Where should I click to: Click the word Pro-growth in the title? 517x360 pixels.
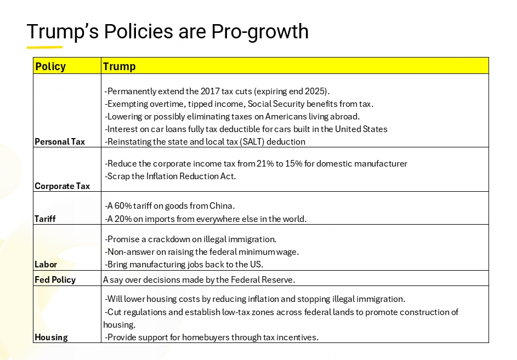[260, 32]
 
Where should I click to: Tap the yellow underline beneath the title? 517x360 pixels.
[44, 47]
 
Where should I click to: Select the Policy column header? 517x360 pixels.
[50, 66]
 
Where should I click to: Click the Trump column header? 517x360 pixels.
[119, 66]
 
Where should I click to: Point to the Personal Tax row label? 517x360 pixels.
[60, 142]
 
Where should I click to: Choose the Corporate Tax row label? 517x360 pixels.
[62, 186]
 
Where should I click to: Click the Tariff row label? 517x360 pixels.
[45, 219]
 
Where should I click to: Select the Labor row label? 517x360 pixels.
[46, 265]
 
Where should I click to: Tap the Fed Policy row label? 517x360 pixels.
[55, 279]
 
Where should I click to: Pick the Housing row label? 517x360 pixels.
[51, 337]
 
